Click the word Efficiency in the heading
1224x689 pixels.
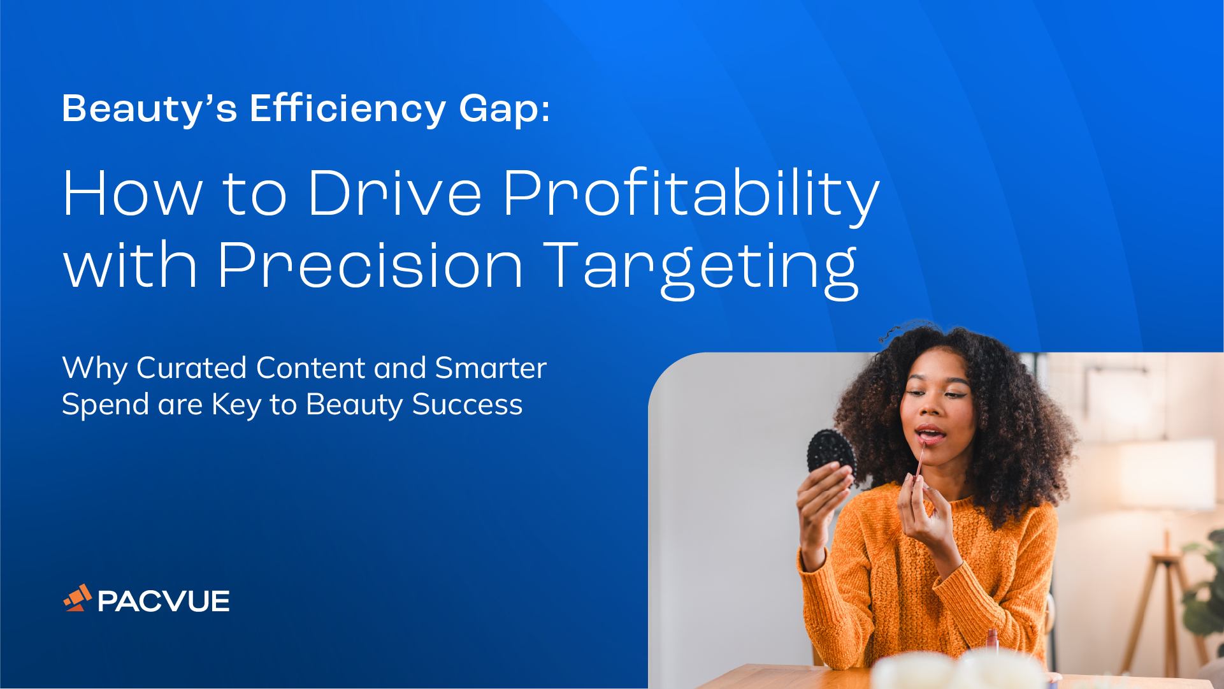tap(347, 109)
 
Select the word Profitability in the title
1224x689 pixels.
tap(691, 194)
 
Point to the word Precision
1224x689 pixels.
tap(370, 265)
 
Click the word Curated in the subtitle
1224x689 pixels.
tap(191, 368)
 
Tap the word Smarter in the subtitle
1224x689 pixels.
tap(491, 368)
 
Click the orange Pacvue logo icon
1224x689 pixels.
tap(78, 598)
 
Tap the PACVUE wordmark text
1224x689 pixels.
tap(163, 601)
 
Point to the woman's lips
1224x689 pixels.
tap(930, 435)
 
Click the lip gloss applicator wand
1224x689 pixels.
tap(919, 460)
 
